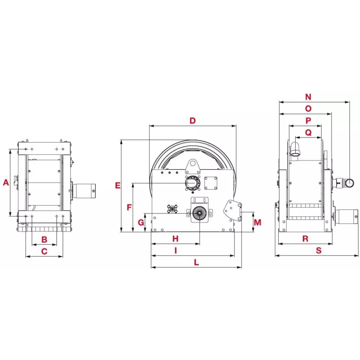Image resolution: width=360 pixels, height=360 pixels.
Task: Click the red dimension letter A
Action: coord(6,182)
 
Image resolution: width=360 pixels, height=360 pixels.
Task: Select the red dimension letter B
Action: coord(44,239)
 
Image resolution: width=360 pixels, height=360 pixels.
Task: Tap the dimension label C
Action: coord(44,251)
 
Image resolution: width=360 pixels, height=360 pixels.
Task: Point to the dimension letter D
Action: coord(192,121)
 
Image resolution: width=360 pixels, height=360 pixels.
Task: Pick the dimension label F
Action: coord(129,207)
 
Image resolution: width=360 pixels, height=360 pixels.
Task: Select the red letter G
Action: coord(141,223)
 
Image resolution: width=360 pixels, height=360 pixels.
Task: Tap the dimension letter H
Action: coord(175,238)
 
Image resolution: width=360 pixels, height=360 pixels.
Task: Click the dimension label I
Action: coord(175,250)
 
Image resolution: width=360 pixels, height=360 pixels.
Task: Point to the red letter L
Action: coord(196,262)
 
